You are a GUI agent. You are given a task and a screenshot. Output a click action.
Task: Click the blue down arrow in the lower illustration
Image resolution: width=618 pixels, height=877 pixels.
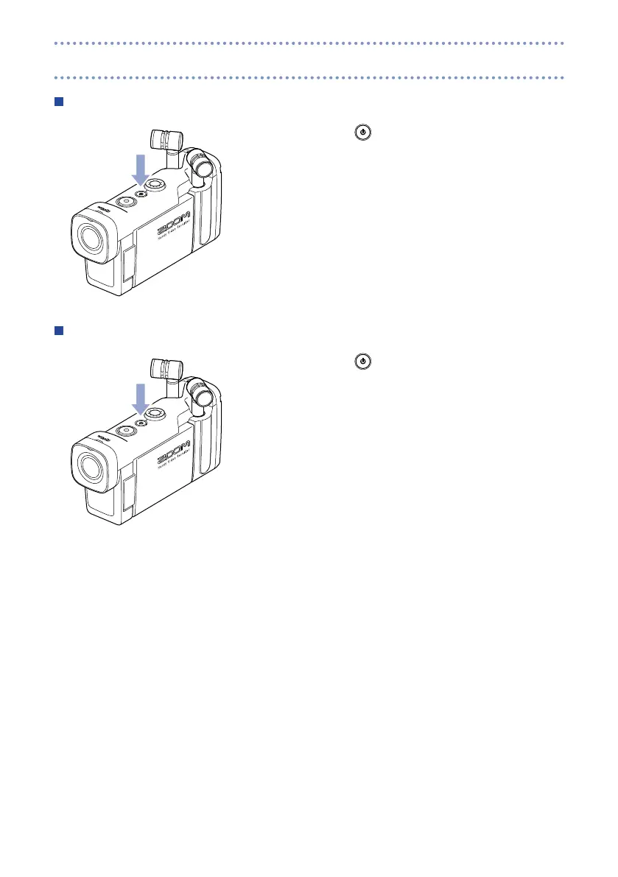coord(139,399)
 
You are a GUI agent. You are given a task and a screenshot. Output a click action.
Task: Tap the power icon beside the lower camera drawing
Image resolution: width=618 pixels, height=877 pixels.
coord(363,362)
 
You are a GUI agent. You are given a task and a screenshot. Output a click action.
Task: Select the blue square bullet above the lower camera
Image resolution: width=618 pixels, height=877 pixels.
coord(58,331)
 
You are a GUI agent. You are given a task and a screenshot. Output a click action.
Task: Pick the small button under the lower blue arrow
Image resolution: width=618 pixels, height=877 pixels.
coord(141,423)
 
